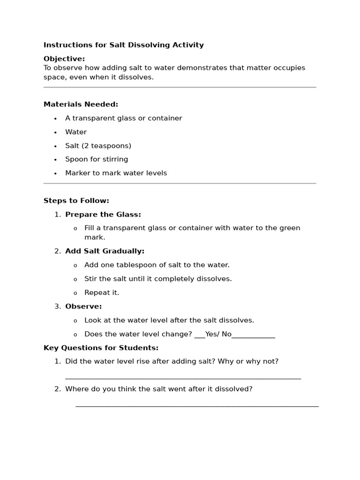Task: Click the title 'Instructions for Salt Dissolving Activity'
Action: click(124, 45)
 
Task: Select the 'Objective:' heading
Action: click(64, 59)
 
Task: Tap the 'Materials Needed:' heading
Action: click(81, 104)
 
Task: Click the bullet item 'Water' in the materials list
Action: click(76, 132)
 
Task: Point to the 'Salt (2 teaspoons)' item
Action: click(98, 146)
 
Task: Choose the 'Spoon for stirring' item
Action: click(97, 159)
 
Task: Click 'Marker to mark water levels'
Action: click(116, 173)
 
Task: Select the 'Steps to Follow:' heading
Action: click(76, 201)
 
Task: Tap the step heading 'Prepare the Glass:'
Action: click(103, 214)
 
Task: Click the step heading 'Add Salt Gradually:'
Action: click(105, 251)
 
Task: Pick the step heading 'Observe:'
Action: click(83, 307)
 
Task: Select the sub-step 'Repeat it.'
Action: click(102, 292)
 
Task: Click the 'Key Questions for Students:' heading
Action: click(101, 348)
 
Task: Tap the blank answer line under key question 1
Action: click(183, 378)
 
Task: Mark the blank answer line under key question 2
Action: click(197, 406)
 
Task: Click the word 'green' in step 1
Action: click(290, 228)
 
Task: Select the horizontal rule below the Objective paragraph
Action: click(180, 87)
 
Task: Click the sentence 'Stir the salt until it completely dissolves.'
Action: click(158, 279)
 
